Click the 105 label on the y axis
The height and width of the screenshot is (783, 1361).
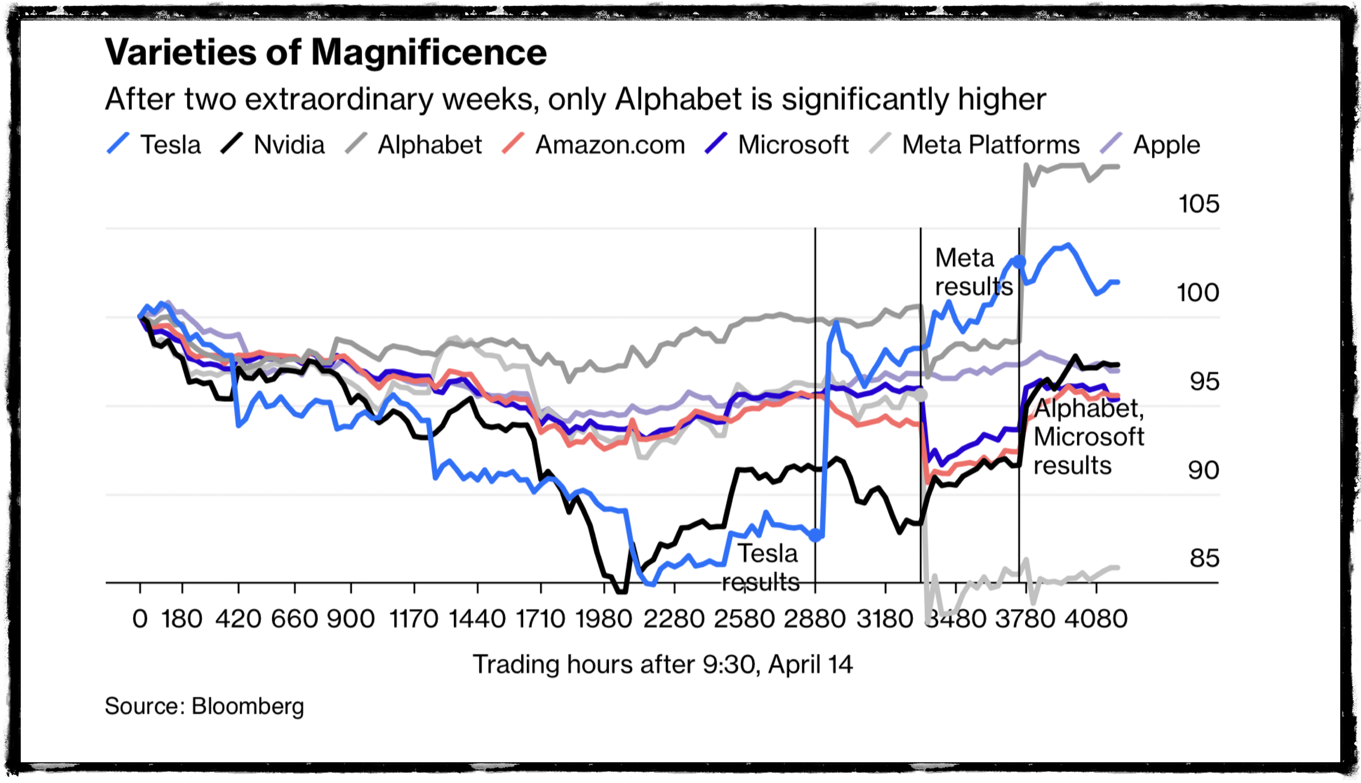1199,204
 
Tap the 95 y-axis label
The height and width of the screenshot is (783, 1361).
1204,382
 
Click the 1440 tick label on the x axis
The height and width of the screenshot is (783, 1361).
477,619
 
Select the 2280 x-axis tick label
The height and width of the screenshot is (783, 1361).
674,619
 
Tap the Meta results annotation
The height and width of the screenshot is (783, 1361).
973,272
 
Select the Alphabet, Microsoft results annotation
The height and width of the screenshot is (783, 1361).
1089,437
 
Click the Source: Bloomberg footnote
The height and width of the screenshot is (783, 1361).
204,706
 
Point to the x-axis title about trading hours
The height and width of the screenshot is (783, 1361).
662,665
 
